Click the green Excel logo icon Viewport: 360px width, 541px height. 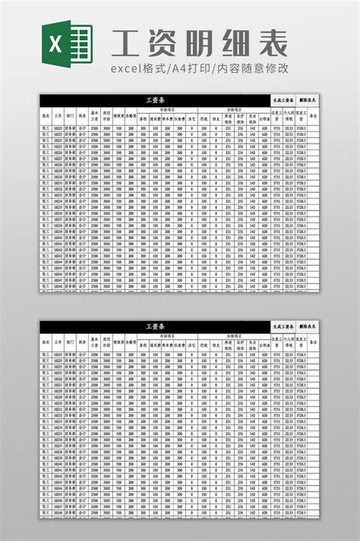click(71, 43)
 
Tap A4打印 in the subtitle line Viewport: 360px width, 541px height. click(194, 69)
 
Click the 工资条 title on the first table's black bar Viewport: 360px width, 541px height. click(155, 100)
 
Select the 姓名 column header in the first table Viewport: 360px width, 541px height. click(46, 117)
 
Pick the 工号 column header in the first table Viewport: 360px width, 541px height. click(58, 117)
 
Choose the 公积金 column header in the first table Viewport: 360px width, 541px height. click(264, 118)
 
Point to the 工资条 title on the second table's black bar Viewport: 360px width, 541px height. click(155, 326)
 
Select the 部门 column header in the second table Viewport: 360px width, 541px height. click(70, 343)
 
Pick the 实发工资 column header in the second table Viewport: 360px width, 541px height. click(301, 343)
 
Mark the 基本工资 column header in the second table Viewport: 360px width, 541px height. click(94, 343)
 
